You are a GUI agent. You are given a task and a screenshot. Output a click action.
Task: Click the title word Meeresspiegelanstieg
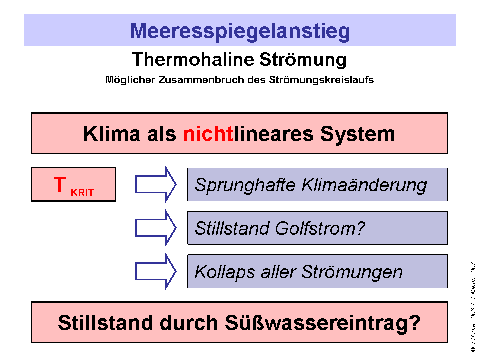[x=240, y=31]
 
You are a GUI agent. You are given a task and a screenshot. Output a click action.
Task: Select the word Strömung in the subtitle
[x=302, y=60]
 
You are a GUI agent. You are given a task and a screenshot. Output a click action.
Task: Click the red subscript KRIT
[x=82, y=193]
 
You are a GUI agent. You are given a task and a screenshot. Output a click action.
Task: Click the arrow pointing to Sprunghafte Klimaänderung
[x=155, y=185]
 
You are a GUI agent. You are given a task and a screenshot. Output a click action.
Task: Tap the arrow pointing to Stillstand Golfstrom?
[x=155, y=228]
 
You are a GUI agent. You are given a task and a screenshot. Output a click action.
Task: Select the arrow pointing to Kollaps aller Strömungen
[x=155, y=272]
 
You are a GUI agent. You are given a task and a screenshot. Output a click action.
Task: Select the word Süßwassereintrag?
[x=321, y=323]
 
